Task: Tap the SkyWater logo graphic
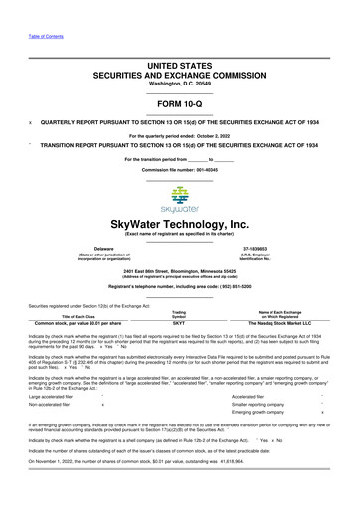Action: pos(179,200)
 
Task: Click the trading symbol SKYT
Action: pos(179,350)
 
